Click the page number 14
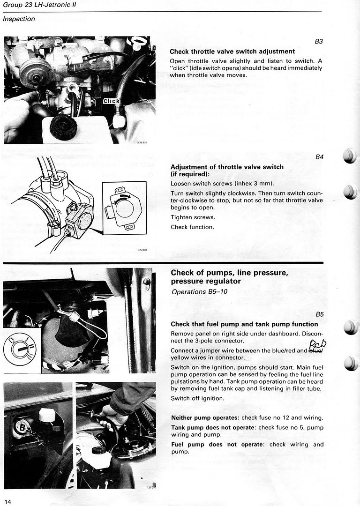tap(8, 502)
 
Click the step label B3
tap(319, 41)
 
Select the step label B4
tap(319, 157)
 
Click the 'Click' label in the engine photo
tap(112, 101)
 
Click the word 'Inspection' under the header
tap(19, 19)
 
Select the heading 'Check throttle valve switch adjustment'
tap(232, 52)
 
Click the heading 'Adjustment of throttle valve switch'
tap(227, 167)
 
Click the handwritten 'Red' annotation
tap(318, 345)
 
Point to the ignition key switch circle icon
tap(20, 349)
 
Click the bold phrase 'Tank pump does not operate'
tap(213, 428)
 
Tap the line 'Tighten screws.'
tap(193, 217)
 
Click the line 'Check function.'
tap(192, 227)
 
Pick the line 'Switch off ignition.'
tap(197, 398)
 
